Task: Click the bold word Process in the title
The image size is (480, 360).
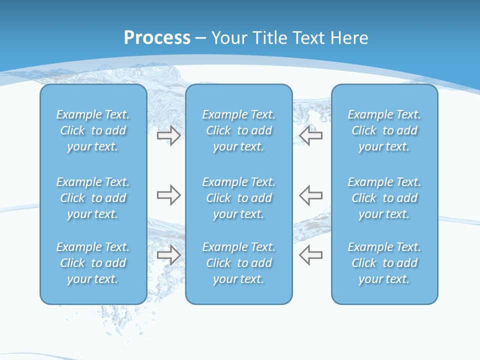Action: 157,38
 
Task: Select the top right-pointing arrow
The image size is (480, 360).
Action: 168,135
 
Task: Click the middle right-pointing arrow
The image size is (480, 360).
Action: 168,195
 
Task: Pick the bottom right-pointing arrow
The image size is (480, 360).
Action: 168,255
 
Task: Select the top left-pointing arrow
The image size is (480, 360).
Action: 311,135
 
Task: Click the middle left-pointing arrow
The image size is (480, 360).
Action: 311,195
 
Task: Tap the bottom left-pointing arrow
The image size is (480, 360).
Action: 311,255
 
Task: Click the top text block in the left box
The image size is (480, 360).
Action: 93,130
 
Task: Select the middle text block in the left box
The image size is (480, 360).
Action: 93,198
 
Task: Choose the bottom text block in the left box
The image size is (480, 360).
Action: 93,263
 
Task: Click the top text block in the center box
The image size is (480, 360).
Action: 238,130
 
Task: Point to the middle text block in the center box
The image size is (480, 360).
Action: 238,198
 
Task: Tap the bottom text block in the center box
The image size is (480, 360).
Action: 238,263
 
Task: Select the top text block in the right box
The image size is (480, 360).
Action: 384,130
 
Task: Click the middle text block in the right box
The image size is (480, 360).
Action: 384,198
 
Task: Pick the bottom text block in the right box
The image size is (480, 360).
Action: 384,263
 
